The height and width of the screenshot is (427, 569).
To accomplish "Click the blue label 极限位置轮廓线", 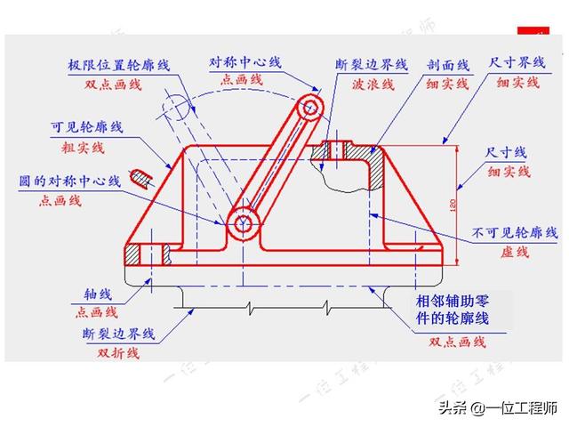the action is pos(118,66).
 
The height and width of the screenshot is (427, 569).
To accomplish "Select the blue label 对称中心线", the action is pos(245,62).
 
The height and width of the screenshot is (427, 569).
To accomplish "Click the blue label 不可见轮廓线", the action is pos(509,234).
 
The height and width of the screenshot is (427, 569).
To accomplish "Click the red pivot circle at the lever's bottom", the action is pos(243,224).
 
